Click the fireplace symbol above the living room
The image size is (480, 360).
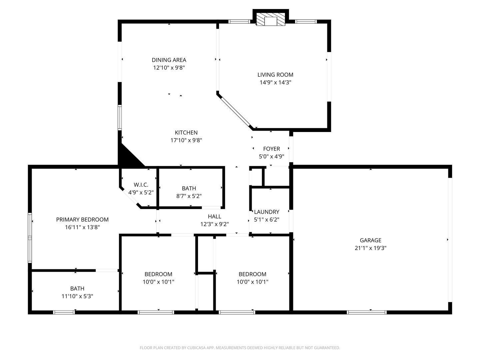pos(271,20)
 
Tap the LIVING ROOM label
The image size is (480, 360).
pos(275,75)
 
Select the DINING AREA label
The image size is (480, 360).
pos(169,60)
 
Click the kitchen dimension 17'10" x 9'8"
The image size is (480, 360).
pos(186,140)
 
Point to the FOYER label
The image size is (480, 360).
pos(271,149)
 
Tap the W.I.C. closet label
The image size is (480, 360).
pos(141,185)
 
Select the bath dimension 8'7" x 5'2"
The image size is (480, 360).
pos(189,196)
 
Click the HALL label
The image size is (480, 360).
pos(214,216)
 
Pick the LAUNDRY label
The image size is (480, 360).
pos(266,212)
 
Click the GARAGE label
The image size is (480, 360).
pos(370,240)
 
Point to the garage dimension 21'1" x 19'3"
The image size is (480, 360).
pos(370,248)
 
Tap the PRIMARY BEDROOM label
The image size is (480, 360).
pos(82,219)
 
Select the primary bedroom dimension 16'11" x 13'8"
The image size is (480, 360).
pos(82,227)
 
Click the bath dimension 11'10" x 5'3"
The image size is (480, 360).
pos(77,296)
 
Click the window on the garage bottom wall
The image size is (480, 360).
pos(366,312)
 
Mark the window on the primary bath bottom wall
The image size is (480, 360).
pos(64,312)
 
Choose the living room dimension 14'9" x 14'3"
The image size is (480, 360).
pos(275,82)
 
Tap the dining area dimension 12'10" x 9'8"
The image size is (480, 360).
pos(169,68)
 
